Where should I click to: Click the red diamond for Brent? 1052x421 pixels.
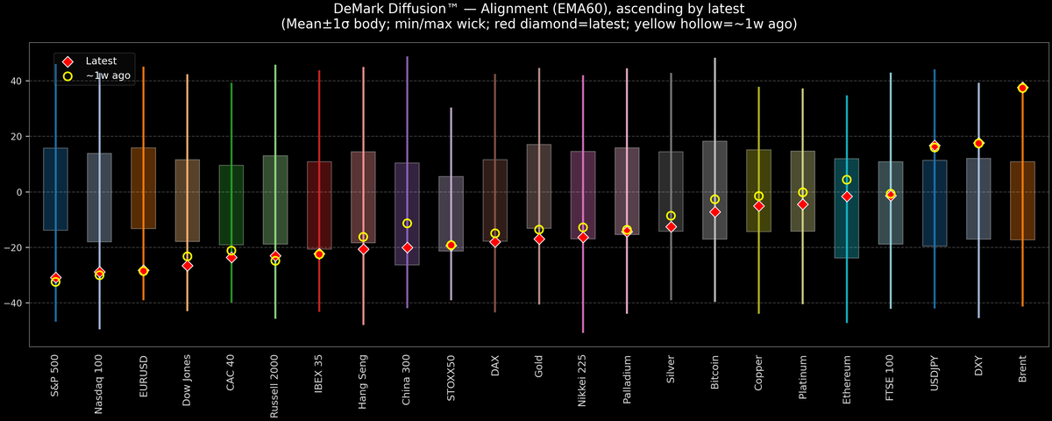(x=1022, y=89)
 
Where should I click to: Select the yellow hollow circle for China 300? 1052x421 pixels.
(x=407, y=224)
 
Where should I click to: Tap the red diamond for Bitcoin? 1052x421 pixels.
(x=714, y=212)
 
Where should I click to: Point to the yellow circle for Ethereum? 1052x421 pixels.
(x=847, y=180)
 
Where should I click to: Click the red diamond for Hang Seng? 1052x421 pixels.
(x=363, y=249)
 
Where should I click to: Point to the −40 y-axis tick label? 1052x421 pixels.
(x=13, y=303)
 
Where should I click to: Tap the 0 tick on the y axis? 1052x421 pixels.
(x=20, y=192)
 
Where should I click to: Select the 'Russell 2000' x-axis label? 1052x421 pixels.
(x=275, y=387)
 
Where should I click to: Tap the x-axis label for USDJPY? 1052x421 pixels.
(x=935, y=378)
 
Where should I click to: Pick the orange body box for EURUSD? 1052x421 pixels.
(x=143, y=188)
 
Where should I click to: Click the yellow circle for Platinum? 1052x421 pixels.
(x=803, y=192)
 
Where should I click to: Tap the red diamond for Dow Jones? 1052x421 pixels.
(x=187, y=265)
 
